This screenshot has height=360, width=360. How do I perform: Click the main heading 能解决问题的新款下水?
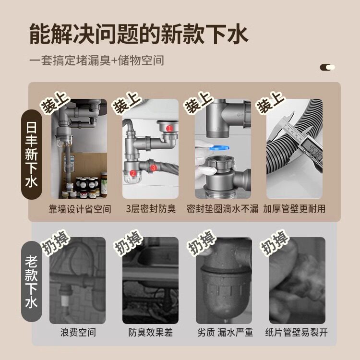click(x=139, y=34)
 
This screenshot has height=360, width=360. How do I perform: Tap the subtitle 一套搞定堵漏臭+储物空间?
click(x=96, y=60)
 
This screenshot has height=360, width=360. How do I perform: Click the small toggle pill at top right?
click(x=327, y=67)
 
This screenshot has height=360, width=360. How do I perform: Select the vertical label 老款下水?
click(x=32, y=282)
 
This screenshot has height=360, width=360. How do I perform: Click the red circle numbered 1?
click(x=169, y=128)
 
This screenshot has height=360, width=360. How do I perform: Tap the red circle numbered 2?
click(x=132, y=173)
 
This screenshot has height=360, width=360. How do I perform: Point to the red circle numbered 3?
click(x=154, y=168)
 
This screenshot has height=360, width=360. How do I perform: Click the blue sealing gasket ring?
click(x=219, y=148)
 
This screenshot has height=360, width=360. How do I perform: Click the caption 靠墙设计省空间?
click(x=80, y=209)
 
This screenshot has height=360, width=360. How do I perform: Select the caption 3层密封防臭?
click(x=151, y=209)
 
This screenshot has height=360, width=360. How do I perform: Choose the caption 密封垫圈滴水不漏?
click(x=222, y=209)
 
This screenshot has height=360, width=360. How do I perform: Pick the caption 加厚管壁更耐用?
click(x=294, y=209)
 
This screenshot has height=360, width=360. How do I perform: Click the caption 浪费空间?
click(x=78, y=332)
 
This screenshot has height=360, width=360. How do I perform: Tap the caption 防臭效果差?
click(x=150, y=332)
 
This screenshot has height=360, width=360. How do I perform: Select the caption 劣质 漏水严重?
click(x=225, y=332)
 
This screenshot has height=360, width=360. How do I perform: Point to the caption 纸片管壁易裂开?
click(x=297, y=332)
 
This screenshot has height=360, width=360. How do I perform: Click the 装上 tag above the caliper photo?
click(x=271, y=102)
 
